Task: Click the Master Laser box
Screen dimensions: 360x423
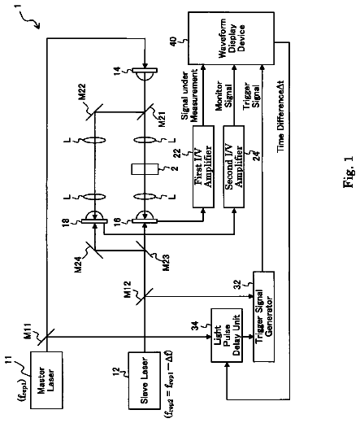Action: click(x=46, y=380)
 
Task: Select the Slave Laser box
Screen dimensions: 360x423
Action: click(x=144, y=381)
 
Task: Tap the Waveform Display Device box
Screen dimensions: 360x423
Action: click(x=231, y=38)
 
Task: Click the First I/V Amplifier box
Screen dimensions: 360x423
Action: click(x=203, y=167)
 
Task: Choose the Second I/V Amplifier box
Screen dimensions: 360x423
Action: click(x=234, y=167)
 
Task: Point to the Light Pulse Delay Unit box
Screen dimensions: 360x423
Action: click(x=227, y=335)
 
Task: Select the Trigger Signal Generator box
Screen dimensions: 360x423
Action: click(x=263, y=316)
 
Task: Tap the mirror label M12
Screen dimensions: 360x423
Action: click(x=128, y=290)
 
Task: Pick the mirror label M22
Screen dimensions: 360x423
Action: click(x=81, y=92)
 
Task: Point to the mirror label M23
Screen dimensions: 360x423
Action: click(x=166, y=262)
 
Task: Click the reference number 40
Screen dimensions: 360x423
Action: click(x=174, y=41)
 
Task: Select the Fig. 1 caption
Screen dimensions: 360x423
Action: click(x=349, y=172)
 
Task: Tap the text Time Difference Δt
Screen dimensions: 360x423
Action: click(x=280, y=116)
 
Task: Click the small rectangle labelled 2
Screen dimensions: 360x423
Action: click(x=145, y=169)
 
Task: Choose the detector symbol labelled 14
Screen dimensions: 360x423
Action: click(x=145, y=73)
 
